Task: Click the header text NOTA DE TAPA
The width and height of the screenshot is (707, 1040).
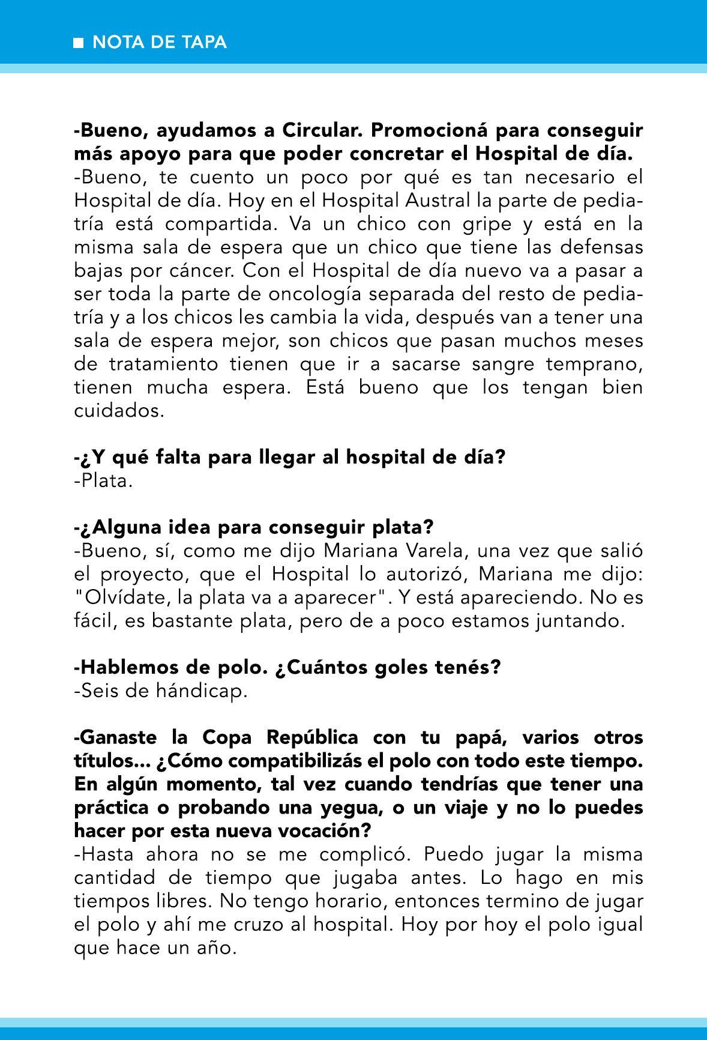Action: point(160,42)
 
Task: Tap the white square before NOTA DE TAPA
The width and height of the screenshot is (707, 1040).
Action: point(78,43)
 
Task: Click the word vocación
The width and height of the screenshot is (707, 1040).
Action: point(319,831)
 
